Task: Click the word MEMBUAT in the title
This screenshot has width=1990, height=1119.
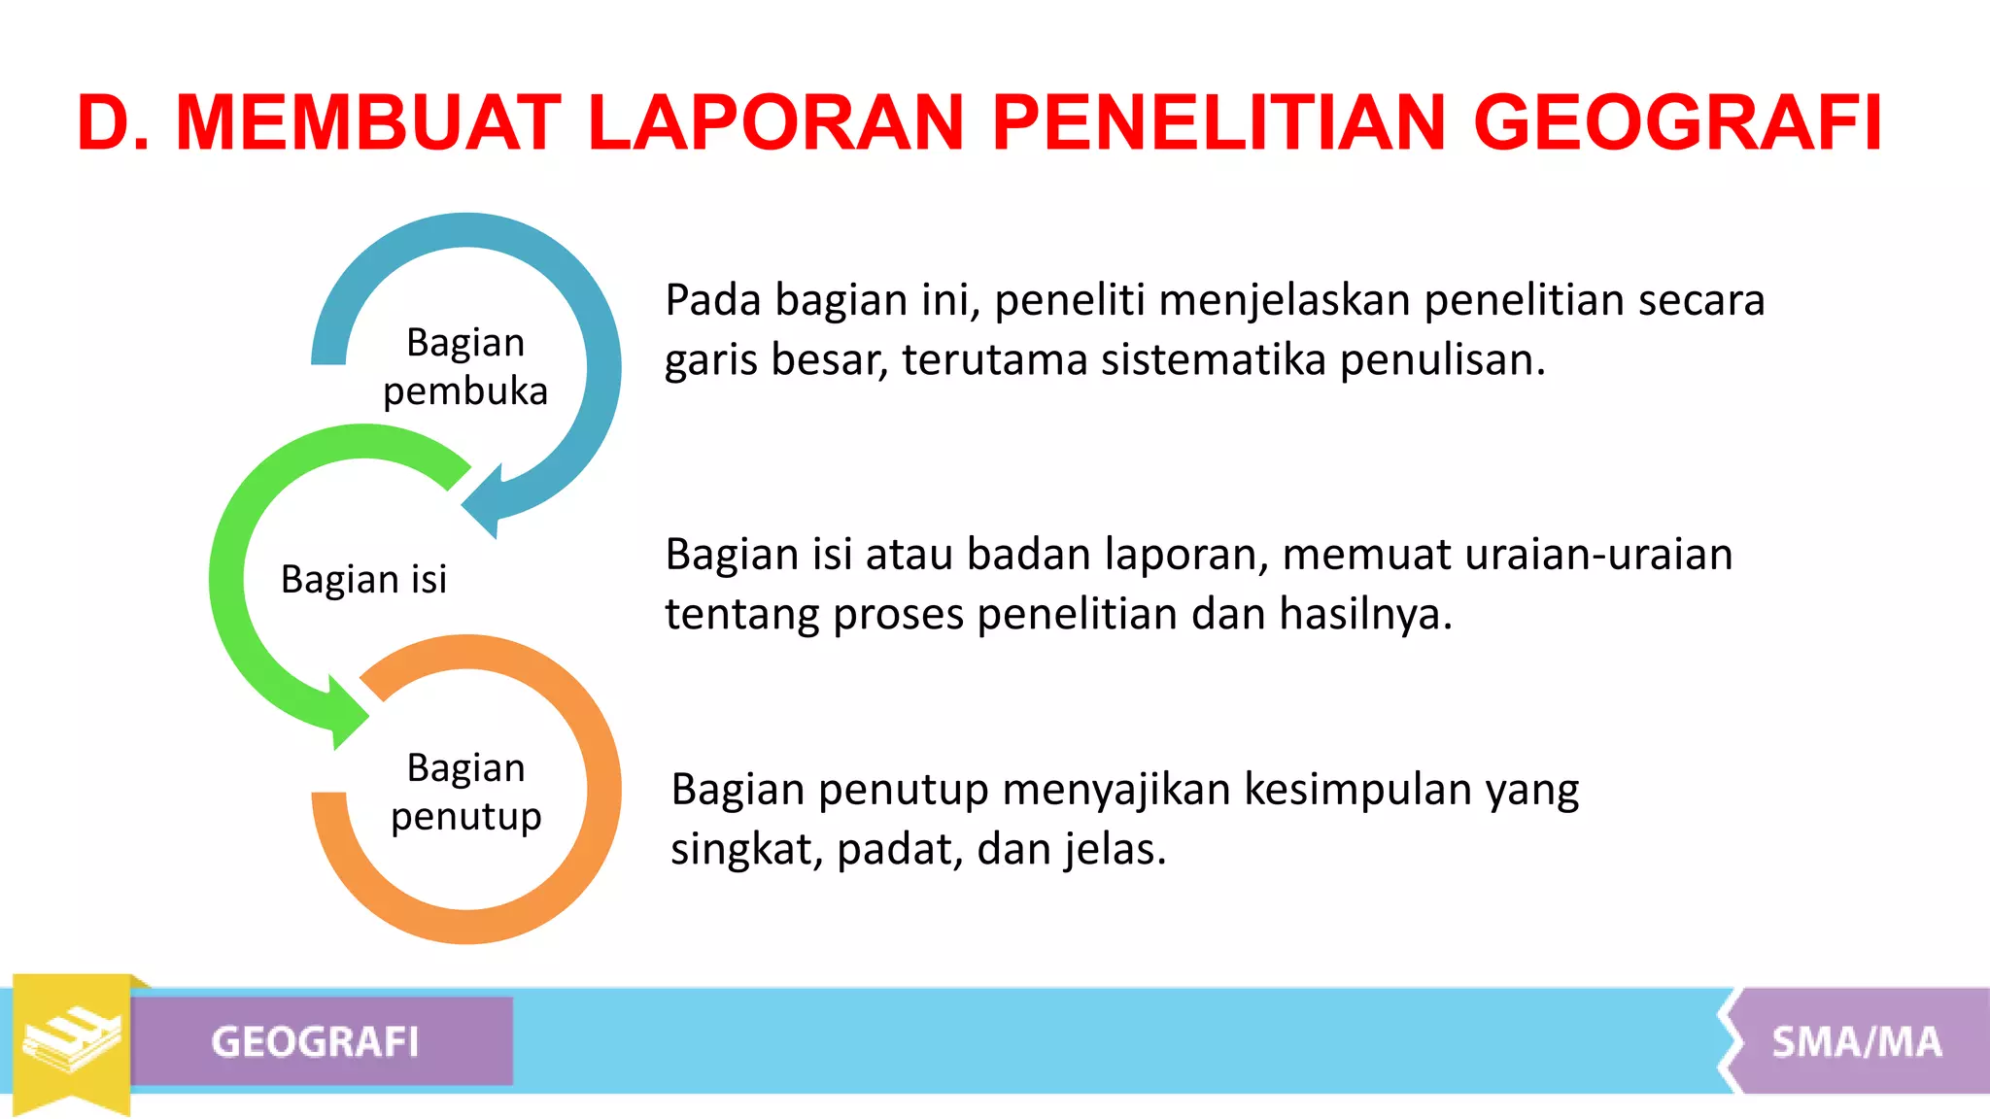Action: [x=368, y=123]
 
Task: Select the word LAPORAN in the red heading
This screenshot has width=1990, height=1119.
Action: [x=775, y=123]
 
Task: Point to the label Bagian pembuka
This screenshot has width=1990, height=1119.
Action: [x=465, y=367]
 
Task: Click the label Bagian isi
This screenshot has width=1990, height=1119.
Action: [x=363, y=580]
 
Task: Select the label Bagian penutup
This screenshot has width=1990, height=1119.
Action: [x=465, y=792]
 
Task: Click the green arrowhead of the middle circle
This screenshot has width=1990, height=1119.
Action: [x=345, y=714]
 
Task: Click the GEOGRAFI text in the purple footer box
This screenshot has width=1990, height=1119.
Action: [x=315, y=1042]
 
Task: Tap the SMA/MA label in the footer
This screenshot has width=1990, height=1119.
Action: [x=1856, y=1042]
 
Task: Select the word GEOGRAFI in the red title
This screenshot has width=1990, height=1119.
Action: [x=1678, y=123]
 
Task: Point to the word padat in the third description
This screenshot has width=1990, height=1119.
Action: [x=895, y=850]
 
